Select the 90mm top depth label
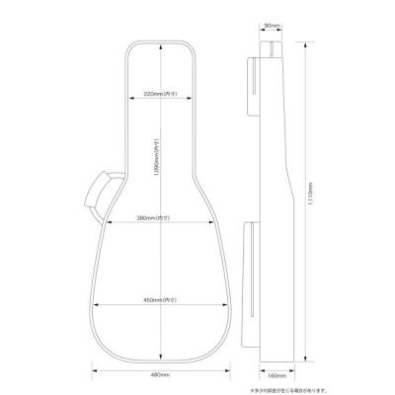(x=274, y=27)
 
